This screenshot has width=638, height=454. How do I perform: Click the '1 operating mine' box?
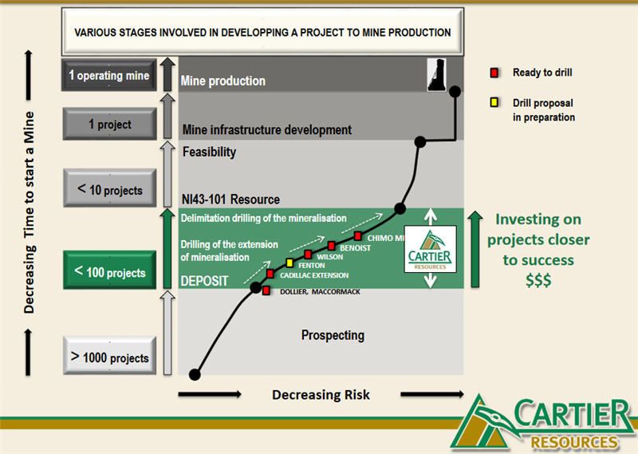pyautogui.click(x=109, y=75)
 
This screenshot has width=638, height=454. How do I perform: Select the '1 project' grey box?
pyautogui.click(x=110, y=124)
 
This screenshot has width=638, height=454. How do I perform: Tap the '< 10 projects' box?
pyautogui.click(x=110, y=188)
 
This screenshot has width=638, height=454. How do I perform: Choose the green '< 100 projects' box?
pyautogui.click(x=110, y=270)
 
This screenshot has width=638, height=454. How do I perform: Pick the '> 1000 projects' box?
pyautogui.click(x=110, y=356)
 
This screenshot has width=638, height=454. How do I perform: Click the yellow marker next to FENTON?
pyautogui.click(x=289, y=263)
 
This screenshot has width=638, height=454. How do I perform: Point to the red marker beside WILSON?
pyautogui.click(x=308, y=255)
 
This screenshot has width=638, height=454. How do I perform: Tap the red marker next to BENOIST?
pyautogui.click(x=332, y=246)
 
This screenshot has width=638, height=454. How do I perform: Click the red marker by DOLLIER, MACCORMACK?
pyautogui.click(x=266, y=290)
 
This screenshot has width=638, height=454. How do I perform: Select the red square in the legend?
pyautogui.click(x=494, y=73)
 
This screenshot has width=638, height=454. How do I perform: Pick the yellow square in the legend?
pyautogui.click(x=494, y=102)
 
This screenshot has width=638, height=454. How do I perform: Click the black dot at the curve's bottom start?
pyautogui.click(x=195, y=374)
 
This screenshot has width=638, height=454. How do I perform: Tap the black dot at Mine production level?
pyautogui.click(x=455, y=92)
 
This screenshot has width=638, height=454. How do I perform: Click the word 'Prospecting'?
pyautogui.click(x=333, y=335)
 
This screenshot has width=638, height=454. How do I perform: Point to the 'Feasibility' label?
pyautogui.click(x=209, y=152)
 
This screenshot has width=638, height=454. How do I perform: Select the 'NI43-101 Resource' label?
pyautogui.click(x=230, y=199)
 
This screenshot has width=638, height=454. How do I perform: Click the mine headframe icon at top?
pyautogui.click(x=436, y=74)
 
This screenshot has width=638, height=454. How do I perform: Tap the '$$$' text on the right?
pyautogui.click(x=538, y=280)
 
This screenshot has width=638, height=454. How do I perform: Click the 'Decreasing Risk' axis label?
pyautogui.click(x=321, y=394)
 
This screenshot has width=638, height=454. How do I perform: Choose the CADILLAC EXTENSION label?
pyautogui.click(x=314, y=275)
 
